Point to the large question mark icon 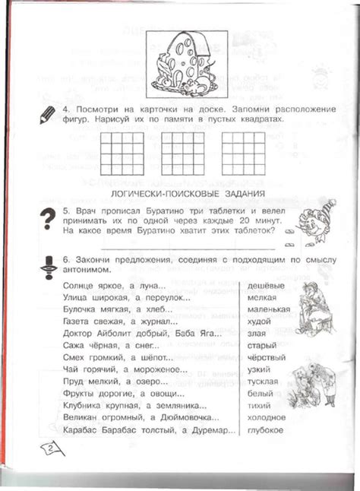point(49,219)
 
